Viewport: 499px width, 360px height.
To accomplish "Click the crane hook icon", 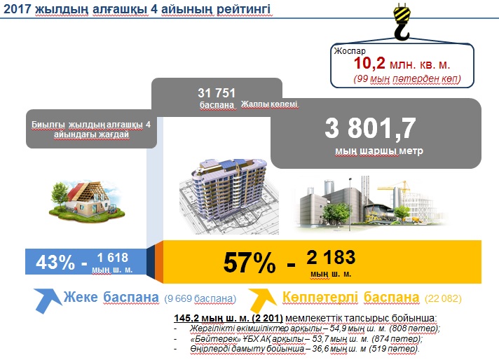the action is tap(402, 22).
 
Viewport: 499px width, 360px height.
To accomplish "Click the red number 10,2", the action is tap(369, 63).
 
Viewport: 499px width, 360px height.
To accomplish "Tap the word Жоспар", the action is tap(350, 51).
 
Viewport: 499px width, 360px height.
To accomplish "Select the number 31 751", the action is tap(217, 93).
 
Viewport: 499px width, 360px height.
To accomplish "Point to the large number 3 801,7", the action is tap(371, 128).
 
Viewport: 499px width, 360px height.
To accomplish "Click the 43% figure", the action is tap(55, 263).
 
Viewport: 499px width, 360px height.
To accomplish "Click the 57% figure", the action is tap(249, 263).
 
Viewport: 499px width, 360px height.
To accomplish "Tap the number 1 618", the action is tap(112, 257).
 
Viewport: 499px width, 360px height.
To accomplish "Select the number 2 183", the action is tap(331, 257).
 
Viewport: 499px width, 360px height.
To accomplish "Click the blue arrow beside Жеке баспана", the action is tap(47, 300).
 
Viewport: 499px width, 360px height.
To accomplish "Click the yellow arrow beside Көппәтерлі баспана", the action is tap(262, 299).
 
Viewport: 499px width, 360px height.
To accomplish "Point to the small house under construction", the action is tap(87, 201).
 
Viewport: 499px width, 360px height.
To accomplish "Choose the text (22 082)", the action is tap(443, 298).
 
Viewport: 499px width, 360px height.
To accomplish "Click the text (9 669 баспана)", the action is tap(200, 298).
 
